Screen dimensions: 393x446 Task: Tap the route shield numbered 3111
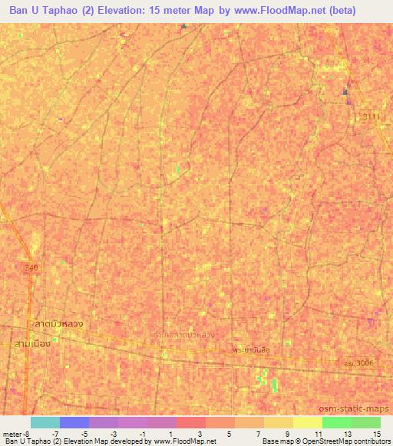click(373, 114)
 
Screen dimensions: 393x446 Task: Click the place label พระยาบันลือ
click(253, 349)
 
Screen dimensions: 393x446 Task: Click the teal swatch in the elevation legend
click(45, 422)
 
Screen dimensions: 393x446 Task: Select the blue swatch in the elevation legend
click(74, 422)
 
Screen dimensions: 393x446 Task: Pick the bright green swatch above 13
click(337, 422)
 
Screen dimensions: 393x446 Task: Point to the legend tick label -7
click(54, 433)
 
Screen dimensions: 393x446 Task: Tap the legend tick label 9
click(286, 433)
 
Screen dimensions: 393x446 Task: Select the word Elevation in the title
click(114, 10)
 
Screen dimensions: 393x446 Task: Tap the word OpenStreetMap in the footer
click(328, 441)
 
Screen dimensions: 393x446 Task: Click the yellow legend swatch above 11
click(308, 422)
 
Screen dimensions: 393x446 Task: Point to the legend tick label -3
click(113, 433)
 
